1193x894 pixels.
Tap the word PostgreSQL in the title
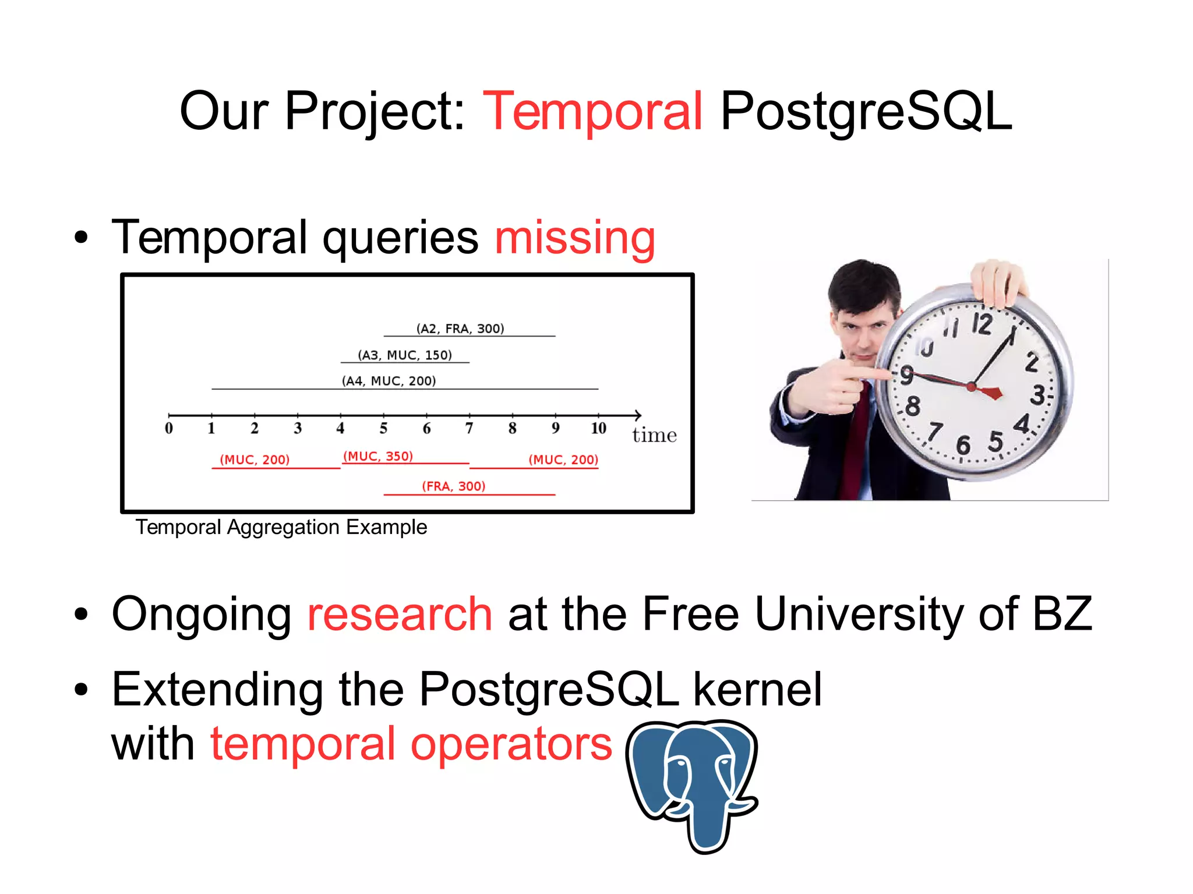tap(866, 112)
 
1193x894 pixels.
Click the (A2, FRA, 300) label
tap(460, 328)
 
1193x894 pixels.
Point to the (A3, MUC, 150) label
tap(405, 355)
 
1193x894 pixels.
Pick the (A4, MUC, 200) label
tap(389, 381)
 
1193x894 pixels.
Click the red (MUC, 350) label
tap(378, 456)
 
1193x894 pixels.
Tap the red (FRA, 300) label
tap(453, 486)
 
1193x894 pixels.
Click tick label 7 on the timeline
tap(469, 429)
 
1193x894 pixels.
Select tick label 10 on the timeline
tap(598, 429)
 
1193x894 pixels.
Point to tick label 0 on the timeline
tap(169, 429)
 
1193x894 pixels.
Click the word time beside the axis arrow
tap(654, 435)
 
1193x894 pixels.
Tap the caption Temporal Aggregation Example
tap(281, 527)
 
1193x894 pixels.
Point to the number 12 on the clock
tap(982, 323)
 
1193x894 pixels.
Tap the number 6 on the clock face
tap(963, 446)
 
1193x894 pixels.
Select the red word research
tap(400, 614)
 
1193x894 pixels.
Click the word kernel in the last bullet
tap(757, 690)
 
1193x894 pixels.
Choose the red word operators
tap(511, 744)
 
